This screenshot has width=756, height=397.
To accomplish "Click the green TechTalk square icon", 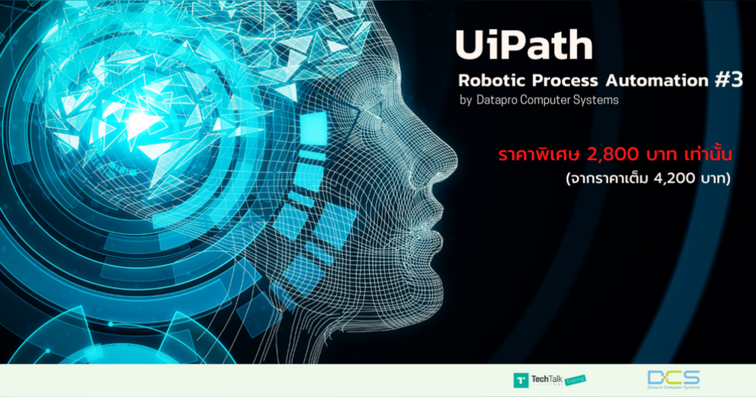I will (x=521, y=380).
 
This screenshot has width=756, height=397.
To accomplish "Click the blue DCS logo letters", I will (x=673, y=376).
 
